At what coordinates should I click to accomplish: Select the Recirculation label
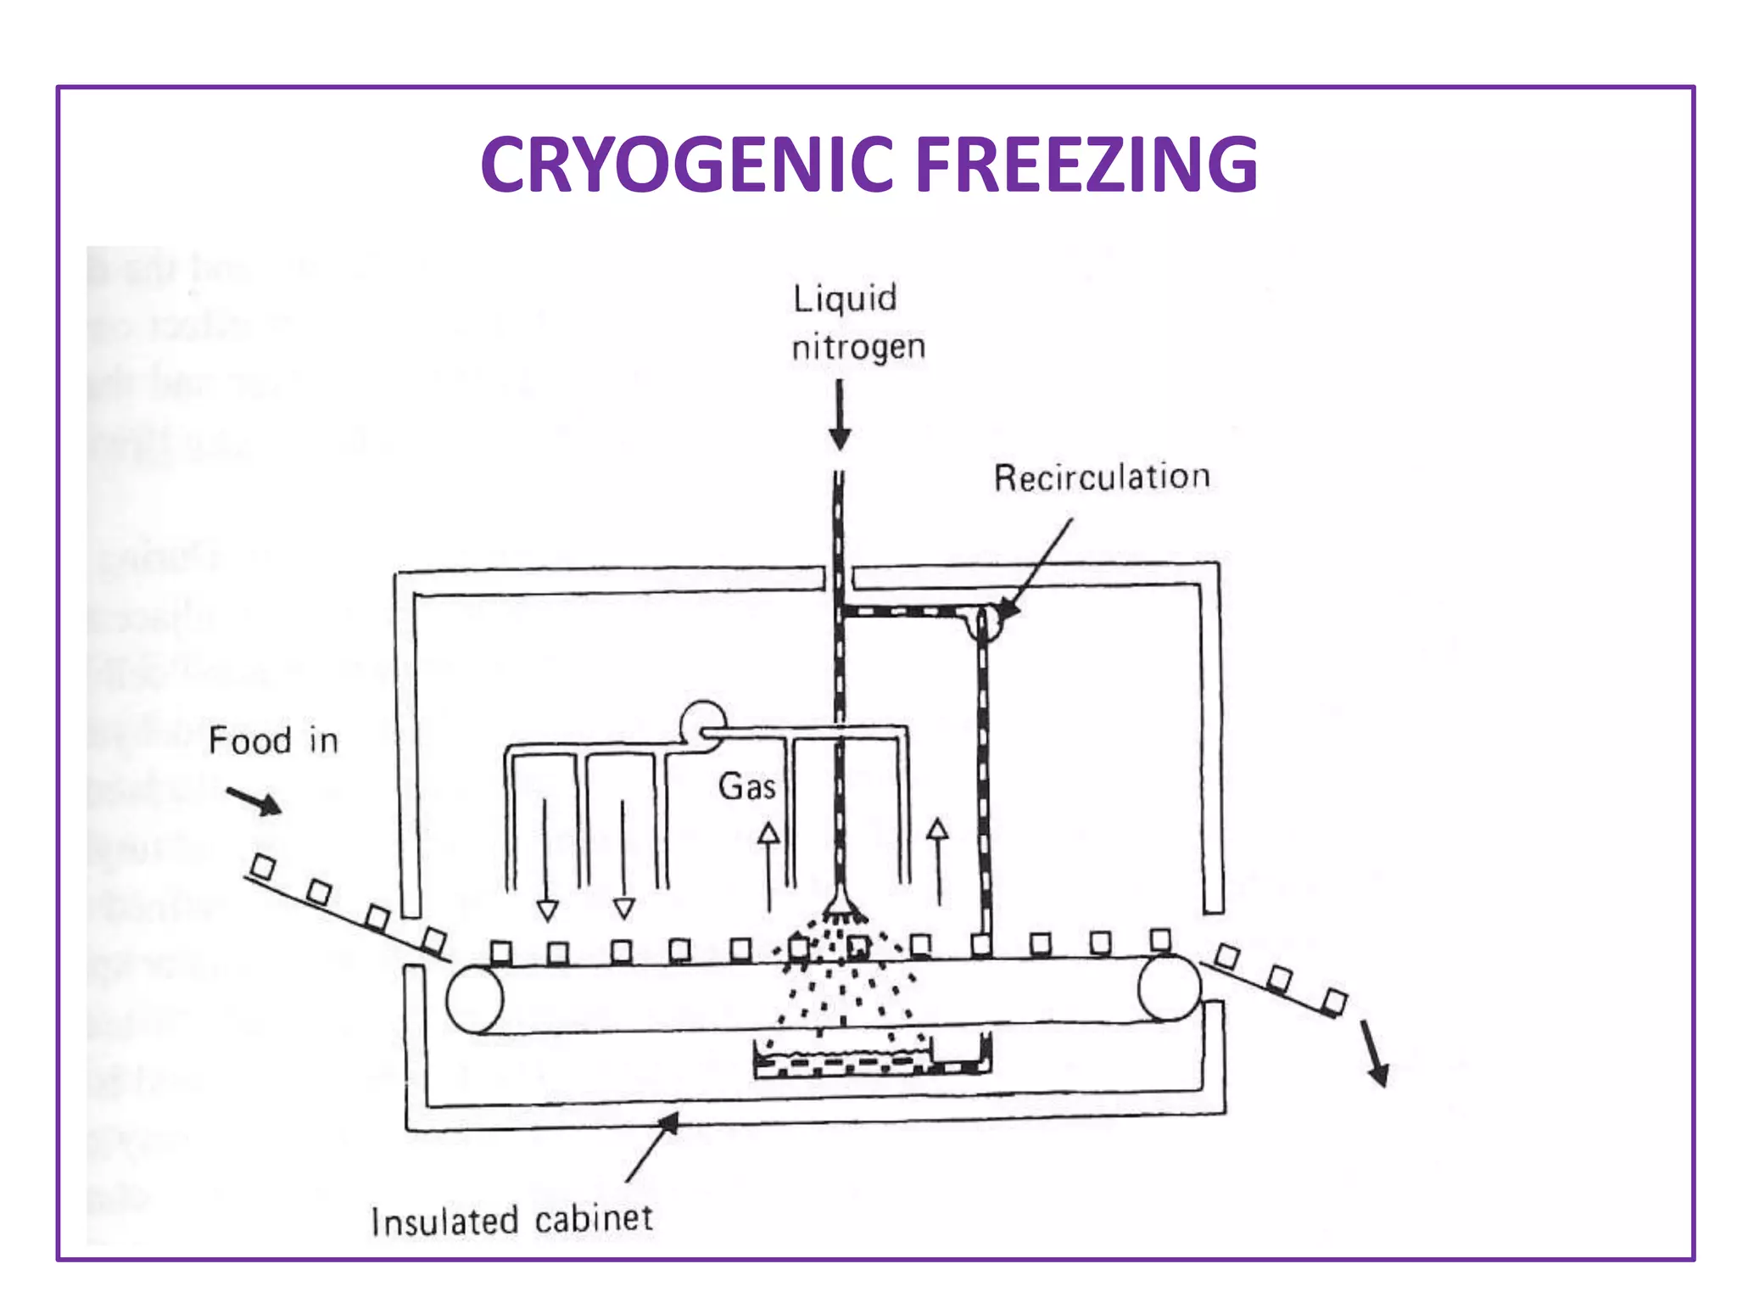[1101, 478]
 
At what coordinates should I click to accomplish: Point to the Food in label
[273, 741]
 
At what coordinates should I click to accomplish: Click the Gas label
[746, 786]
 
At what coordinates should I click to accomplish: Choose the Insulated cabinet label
[511, 1221]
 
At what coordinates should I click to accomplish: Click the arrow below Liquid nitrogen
[840, 416]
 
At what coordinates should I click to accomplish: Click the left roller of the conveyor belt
[475, 999]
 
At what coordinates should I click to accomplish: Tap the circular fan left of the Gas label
[703, 726]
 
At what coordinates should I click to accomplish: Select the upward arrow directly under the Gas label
[768, 865]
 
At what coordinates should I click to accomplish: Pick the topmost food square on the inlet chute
[264, 867]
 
